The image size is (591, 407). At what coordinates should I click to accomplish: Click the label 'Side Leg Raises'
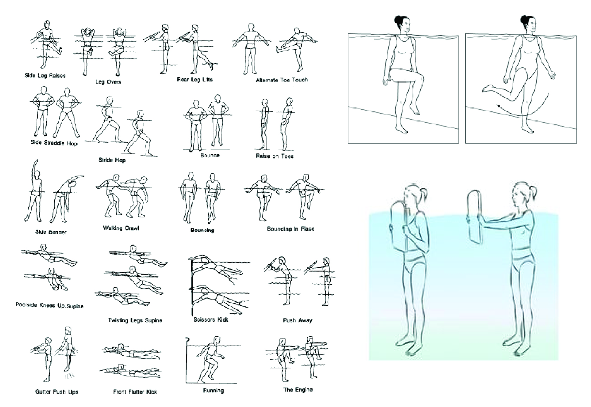click(45, 76)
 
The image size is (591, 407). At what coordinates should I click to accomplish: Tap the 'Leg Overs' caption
click(108, 82)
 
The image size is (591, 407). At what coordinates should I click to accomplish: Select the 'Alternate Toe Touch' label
click(282, 80)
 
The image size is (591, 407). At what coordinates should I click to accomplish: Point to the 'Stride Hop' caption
click(112, 160)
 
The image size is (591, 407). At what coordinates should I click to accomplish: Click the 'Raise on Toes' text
click(274, 156)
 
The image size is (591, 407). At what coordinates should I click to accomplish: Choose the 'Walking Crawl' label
click(121, 228)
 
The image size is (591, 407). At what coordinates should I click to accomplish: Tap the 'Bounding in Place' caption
click(290, 229)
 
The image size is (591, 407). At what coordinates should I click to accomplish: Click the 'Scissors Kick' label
click(211, 320)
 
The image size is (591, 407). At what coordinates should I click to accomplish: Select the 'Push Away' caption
click(297, 320)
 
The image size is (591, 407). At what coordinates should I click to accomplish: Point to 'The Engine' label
click(298, 390)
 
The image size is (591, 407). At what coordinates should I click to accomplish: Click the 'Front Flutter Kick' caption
click(135, 392)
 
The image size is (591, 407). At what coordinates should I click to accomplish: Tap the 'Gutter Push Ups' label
click(57, 392)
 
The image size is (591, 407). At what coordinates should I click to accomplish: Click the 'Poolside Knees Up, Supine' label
click(50, 305)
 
